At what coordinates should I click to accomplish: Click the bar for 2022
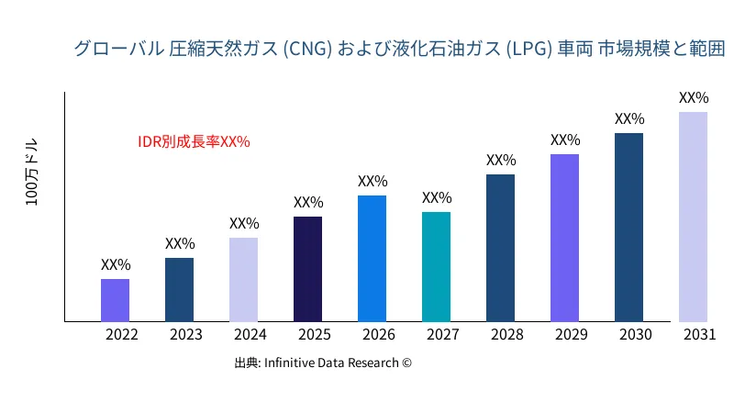pos(115,300)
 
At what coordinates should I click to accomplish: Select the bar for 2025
pos(307,269)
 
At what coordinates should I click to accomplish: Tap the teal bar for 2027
pos(436,267)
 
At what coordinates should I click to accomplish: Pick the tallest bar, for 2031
pos(693,217)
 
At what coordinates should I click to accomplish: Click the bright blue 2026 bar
pos(372,258)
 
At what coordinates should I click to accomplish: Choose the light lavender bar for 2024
pos(243,280)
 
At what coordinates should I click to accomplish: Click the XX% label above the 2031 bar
pos(693,97)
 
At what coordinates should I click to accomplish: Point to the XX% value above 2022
pos(115,264)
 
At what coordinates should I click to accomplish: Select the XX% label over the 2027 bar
pos(436,197)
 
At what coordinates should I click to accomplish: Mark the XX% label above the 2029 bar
pos(564,140)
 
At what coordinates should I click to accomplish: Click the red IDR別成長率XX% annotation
pos(194,141)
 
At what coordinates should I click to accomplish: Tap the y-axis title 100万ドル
pos(32,173)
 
